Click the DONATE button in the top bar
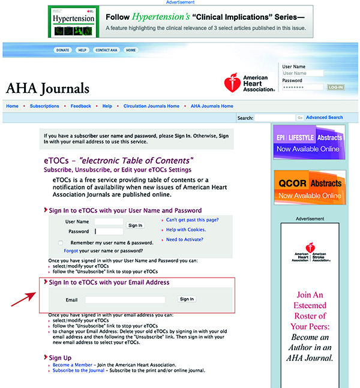tap(63, 50)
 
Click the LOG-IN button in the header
tap(335, 87)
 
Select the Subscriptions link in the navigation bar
tap(44, 106)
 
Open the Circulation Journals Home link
tap(151, 106)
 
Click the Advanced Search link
tap(325, 118)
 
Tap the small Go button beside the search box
tap(300, 118)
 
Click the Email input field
tap(125, 299)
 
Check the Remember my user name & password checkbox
tap(60, 242)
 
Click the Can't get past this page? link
tap(193, 220)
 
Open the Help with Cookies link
tap(186, 230)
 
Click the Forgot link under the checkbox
tap(71, 250)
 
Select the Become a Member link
tap(72, 365)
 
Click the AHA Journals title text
tap(47, 89)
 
